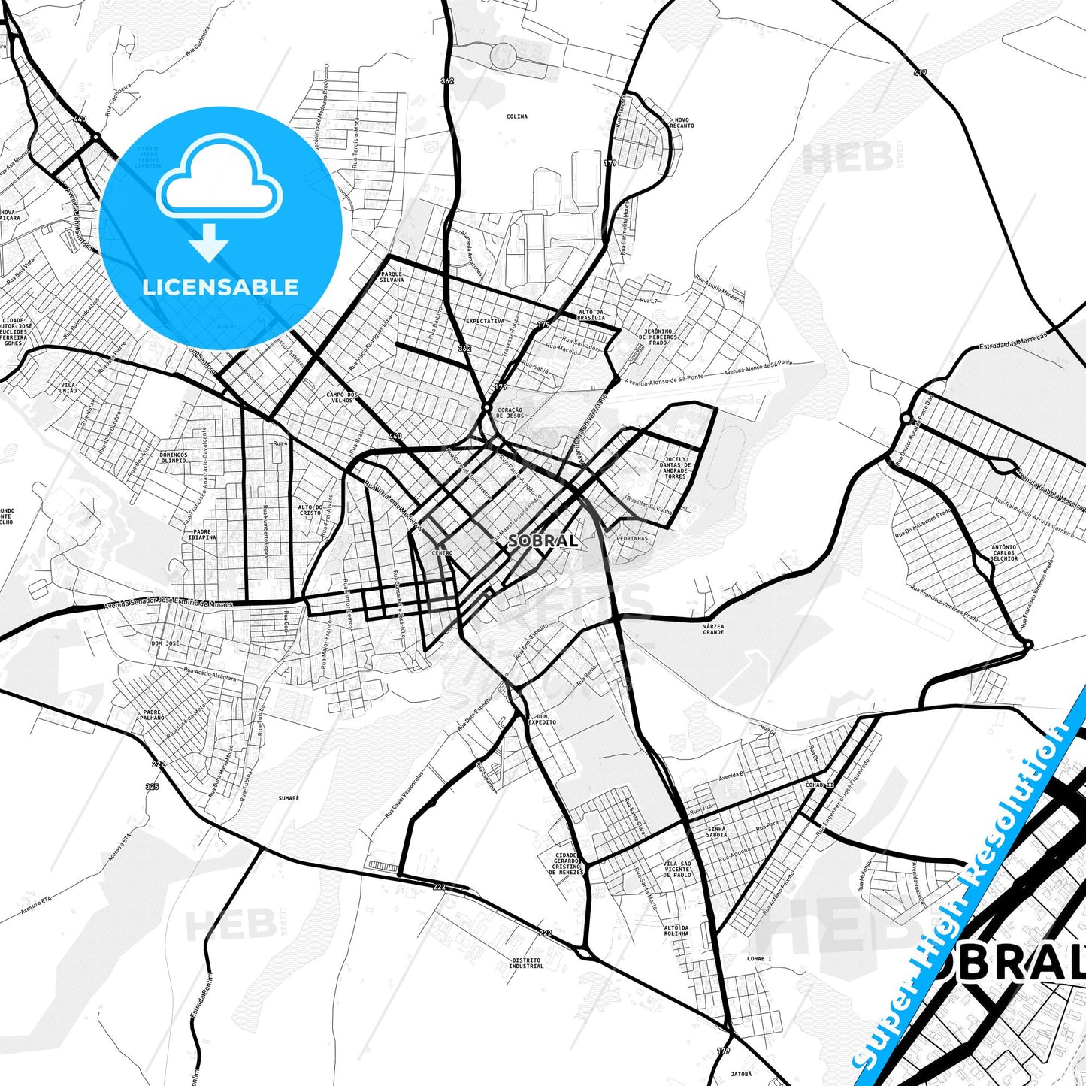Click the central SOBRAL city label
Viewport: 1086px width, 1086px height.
pos(543,540)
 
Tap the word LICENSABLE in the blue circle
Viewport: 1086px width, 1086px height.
pos(220,286)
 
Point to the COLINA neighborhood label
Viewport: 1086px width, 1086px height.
pos(516,116)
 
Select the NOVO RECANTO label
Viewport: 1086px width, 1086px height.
pos(683,123)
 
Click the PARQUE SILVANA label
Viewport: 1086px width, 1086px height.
pos(392,277)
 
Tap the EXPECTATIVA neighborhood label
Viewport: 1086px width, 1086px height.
pos(485,320)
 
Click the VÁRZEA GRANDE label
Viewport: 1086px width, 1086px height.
pos(713,629)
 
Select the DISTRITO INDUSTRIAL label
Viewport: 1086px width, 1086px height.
pos(526,963)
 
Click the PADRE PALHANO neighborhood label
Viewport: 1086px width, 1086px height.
pos(152,715)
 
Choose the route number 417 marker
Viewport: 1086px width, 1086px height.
pos(921,73)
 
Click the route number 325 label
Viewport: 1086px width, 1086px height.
pos(152,786)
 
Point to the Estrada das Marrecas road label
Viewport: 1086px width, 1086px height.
pos(1012,343)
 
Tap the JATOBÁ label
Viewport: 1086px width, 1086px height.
pos(741,1074)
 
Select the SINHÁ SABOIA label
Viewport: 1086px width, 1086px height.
pos(717,831)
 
